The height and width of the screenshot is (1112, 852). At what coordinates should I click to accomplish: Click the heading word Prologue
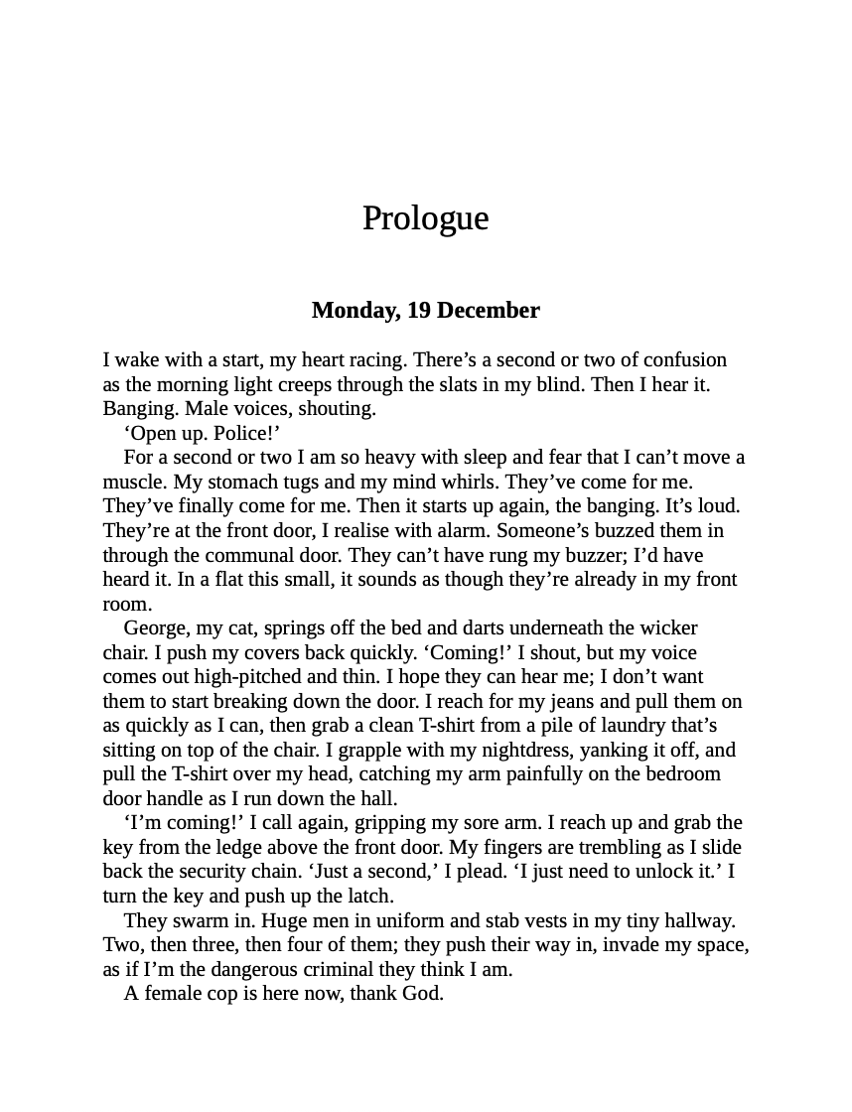(x=425, y=218)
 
